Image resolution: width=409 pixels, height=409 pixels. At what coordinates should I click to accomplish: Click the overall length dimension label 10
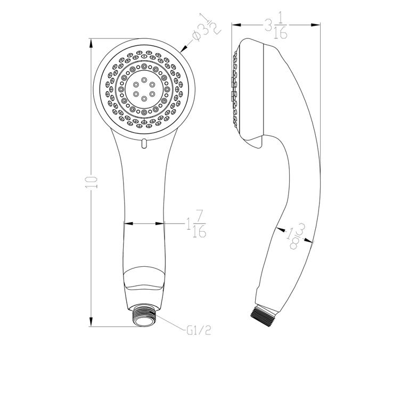pos(92,182)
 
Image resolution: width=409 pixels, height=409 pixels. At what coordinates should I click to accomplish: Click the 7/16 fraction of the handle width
pos(200,224)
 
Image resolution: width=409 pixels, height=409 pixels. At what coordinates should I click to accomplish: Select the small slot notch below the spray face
pos(144,142)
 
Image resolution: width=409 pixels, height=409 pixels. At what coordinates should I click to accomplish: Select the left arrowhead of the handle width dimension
pos(126,223)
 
